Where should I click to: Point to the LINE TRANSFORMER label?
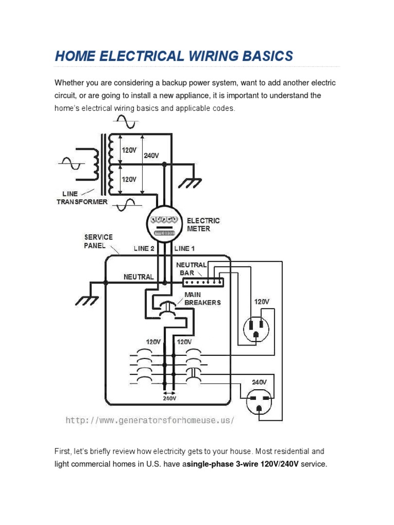coord(82,198)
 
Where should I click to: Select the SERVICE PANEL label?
coord(98,241)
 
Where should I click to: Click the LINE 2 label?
coord(144,249)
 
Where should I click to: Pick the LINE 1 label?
coord(185,249)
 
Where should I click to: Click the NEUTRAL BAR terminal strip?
coord(203,282)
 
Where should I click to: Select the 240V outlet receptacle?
coord(260,401)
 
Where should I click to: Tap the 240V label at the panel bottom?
coord(170,398)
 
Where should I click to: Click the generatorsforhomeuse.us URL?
coord(150,420)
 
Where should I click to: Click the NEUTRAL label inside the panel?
coord(139,277)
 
